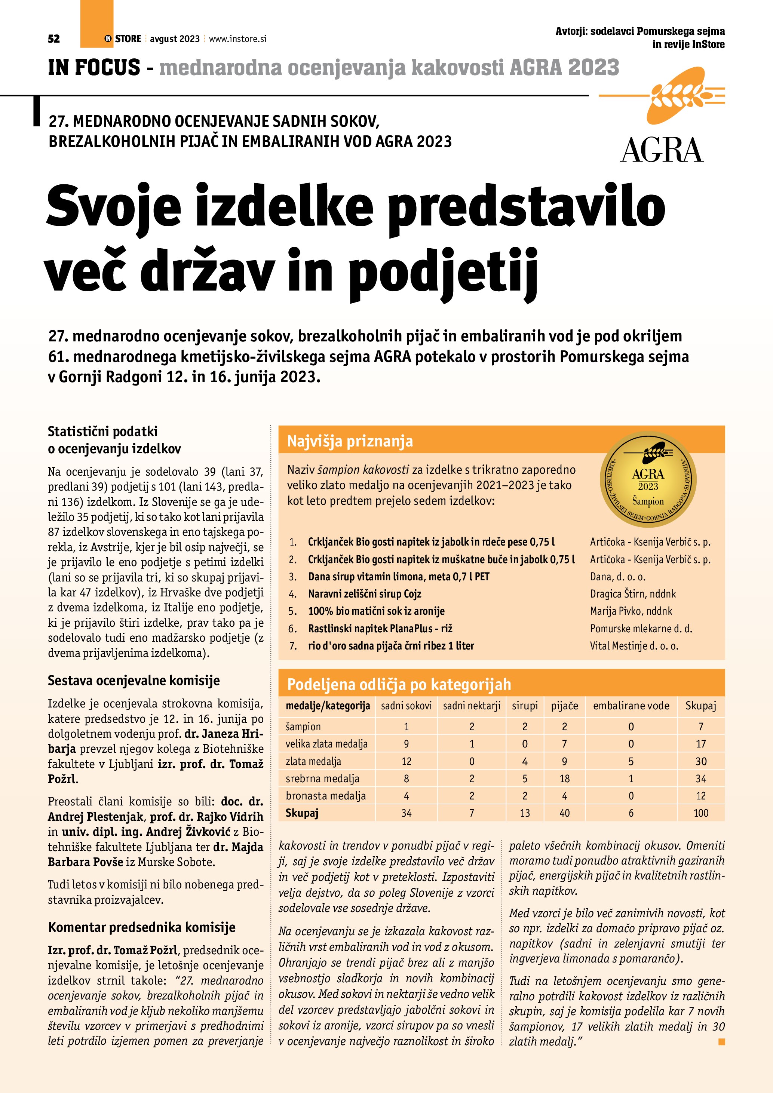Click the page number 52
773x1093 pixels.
click(x=54, y=39)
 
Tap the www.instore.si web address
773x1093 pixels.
click(x=237, y=39)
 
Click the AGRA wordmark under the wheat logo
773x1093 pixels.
click(x=662, y=150)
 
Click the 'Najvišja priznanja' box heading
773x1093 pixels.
click(x=350, y=441)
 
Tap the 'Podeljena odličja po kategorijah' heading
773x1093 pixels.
click(x=399, y=684)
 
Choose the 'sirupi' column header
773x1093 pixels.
click(x=525, y=706)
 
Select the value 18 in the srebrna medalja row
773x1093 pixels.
click(x=565, y=779)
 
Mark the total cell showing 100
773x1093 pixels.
click(x=701, y=813)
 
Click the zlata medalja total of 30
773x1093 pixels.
click(x=701, y=762)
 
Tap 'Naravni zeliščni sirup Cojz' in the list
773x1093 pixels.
click(x=365, y=594)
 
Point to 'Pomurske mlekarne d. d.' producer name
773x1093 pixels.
click(x=641, y=628)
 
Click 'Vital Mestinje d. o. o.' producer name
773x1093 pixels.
click(x=634, y=646)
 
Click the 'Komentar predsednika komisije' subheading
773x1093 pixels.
click(x=142, y=927)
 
